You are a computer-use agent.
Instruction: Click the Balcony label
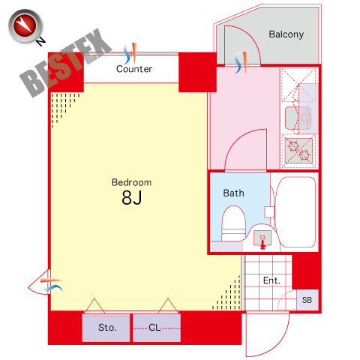coord(286,34)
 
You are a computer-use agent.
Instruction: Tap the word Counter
coord(134,69)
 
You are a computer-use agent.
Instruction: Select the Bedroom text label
coord(131,182)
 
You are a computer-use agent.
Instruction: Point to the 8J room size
coord(132,197)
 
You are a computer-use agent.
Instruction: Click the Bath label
coord(233,193)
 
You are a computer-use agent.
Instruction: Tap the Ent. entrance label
coord(271,280)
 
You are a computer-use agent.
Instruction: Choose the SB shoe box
coord(307,300)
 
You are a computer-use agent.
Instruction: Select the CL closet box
coord(157,328)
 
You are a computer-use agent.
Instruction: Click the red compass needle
coord(25,25)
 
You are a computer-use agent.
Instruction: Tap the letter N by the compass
coord(40,41)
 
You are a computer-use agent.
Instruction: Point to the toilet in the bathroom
coord(234,223)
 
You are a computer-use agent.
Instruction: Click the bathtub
coord(295,212)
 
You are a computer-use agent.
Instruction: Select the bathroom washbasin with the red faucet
coord(262,238)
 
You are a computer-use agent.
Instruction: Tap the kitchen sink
coord(298,118)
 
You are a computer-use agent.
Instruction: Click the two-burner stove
coord(298,150)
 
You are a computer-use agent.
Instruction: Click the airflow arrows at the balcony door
coord(241,62)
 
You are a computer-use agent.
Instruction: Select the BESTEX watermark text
coord(66,62)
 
